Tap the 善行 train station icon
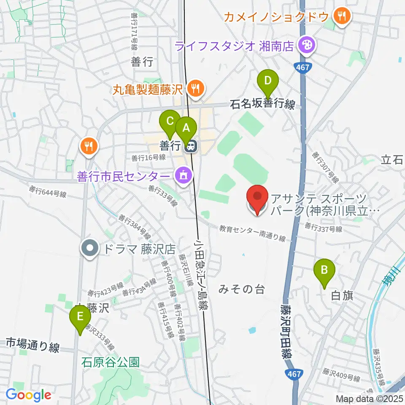[x=190, y=146]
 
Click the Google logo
[x=28, y=395]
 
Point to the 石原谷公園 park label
[x=110, y=362]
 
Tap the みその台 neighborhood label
[x=242, y=289]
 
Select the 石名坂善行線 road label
[x=262, y=104]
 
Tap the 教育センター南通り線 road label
[x=252, y=233]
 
